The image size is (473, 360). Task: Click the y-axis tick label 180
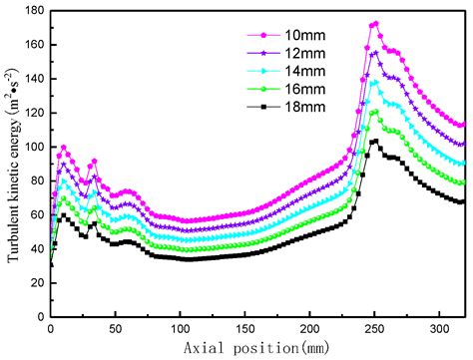point(34,11)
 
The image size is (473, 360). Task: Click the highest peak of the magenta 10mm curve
point(375,23)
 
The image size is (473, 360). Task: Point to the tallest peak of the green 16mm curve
point(375,112)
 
